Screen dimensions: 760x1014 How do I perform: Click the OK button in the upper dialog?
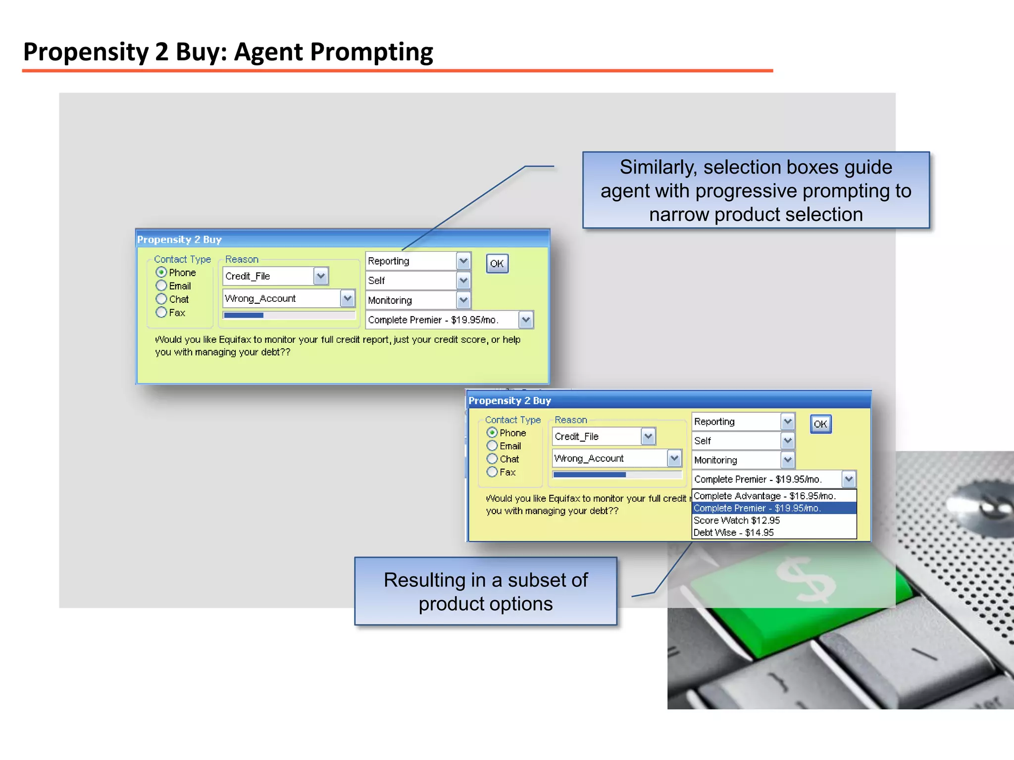(x=497, y=264)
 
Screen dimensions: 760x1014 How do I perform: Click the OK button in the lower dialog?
(x=820, y=424)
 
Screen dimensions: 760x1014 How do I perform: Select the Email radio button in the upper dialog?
(x=161, y=286)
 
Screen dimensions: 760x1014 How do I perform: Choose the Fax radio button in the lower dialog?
(x=492, y=472)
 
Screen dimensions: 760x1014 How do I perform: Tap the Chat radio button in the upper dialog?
(x=161, y=299)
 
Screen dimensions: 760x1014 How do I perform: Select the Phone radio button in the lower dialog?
(x=492, y=433)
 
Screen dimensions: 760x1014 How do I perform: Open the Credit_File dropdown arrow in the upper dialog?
(x=321, y=276)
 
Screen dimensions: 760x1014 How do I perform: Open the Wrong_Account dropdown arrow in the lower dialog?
(x=674, y=458)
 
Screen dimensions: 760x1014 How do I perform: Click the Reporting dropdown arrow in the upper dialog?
(x=463, y=261)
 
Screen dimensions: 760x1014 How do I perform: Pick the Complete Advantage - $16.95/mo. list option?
(x=764, y=496)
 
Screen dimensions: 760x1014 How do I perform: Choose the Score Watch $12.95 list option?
(x=737, y=521)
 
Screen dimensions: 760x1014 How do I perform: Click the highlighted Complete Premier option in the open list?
(x=757, y=508)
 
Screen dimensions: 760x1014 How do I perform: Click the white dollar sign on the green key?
(x=806, y=579)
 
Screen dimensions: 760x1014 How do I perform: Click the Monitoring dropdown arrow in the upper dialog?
(x=463, y=300)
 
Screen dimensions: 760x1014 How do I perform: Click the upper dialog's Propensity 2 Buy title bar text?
(x=179, y=239)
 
